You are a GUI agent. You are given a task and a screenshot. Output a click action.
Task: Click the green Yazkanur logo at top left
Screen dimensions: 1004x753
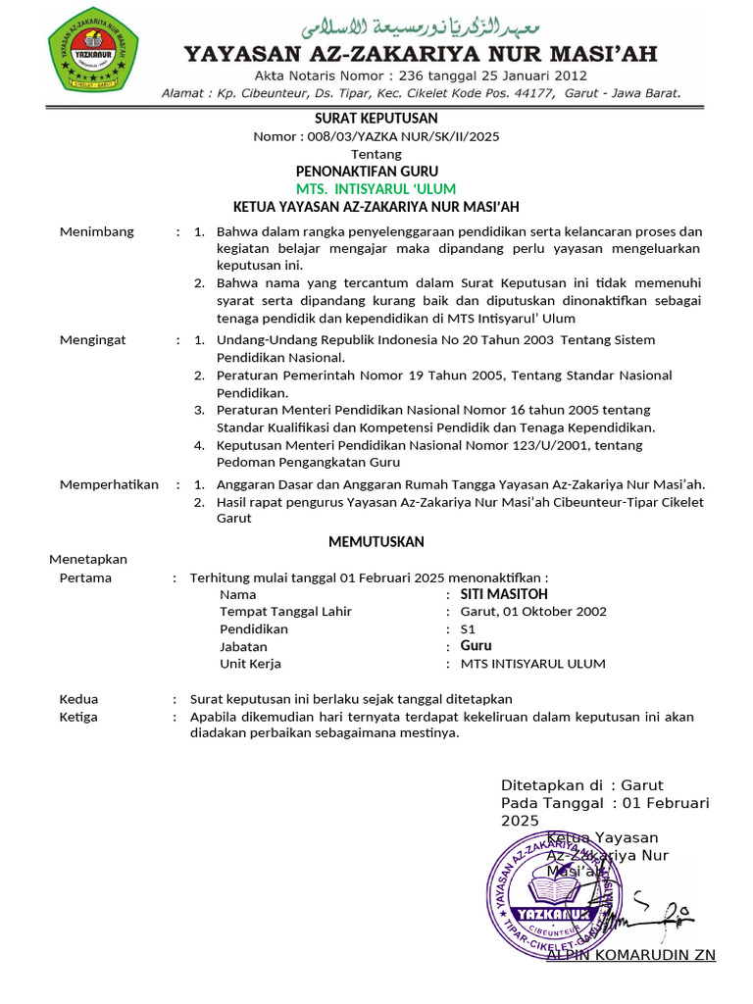(93, 50)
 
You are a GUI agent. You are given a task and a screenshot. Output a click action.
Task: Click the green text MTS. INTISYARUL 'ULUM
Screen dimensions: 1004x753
(376, 188)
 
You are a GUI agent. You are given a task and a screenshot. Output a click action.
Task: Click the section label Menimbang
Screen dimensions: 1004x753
(97, 232)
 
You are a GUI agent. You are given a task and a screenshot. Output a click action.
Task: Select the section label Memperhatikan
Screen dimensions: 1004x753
(109, 484)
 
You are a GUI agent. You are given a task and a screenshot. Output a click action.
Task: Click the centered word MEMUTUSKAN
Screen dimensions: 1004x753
(376, 541)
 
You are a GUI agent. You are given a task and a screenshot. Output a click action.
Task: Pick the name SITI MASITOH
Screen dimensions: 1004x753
(504, 594)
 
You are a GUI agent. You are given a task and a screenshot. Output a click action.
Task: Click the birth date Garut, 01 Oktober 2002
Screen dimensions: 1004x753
(533, 612)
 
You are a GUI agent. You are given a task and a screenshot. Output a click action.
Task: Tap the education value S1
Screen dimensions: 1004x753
(469, 629)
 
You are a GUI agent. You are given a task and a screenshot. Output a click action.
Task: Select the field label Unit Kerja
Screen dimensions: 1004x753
(250, 664)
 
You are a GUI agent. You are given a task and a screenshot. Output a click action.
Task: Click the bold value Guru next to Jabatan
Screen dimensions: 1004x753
(477, 646)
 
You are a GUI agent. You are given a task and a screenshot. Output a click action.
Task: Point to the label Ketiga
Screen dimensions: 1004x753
(78, 717)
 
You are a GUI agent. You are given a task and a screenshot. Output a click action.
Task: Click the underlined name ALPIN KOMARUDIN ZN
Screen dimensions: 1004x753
(630, 955)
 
